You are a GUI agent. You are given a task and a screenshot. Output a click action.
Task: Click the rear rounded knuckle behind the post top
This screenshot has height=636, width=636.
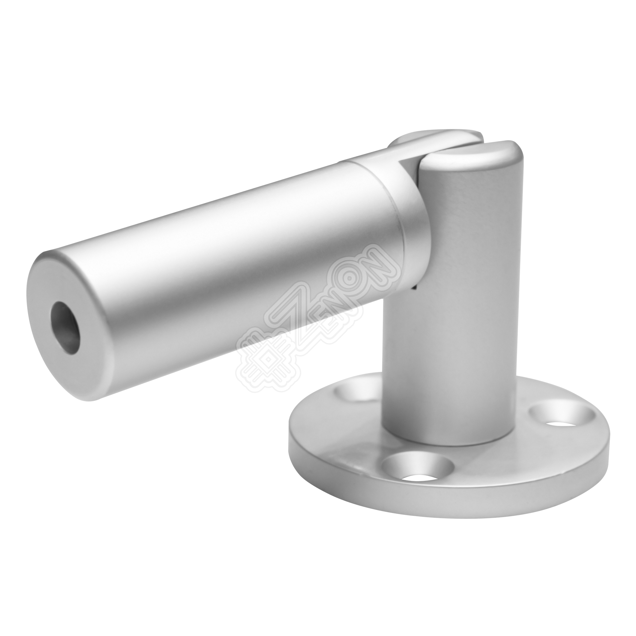click(x=434, y=138)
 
